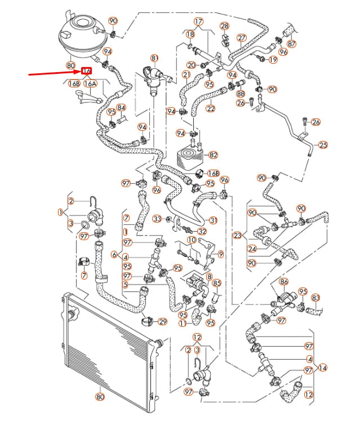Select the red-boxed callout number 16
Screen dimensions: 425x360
(87, 71)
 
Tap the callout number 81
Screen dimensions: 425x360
(154, 57)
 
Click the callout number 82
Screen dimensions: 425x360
(213, 154)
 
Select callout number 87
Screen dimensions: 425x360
(291, 43)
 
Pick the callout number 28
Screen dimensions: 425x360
(224, 26)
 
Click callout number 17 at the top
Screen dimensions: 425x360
(198, 22)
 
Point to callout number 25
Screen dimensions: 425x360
(323, 145)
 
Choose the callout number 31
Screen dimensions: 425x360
(213, 220)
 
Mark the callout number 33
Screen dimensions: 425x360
(157, 219)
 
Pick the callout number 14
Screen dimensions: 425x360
(322, 368)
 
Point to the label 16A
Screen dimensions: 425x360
(90, 83)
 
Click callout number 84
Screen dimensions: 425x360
(122, 108)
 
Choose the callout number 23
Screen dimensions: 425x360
(237, 236)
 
